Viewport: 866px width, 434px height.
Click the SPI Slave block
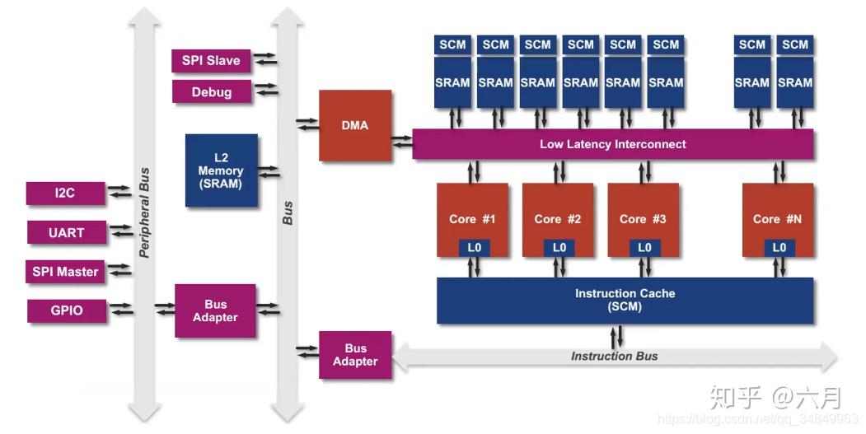tap(211, 61)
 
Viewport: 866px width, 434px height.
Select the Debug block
tap(212, 92)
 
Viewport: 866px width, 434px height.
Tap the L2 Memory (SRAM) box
tap(221, 170)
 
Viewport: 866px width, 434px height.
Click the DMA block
tap(355, 125)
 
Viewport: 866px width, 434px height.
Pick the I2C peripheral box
tap(65, 194)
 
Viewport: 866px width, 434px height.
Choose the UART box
tap(66, 233)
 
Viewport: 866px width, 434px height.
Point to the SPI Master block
tap(65, 272)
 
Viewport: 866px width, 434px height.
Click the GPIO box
tap(66, 310)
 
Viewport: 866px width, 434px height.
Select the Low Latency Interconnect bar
tap(612, 144)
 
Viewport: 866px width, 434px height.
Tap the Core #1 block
tap(472, 219)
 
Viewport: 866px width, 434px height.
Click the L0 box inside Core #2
tap(559, 247)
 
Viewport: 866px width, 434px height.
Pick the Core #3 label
tap(643, 219)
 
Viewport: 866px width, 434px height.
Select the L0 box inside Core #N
tap(779, 247)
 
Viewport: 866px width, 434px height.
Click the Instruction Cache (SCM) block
tap(624, 300)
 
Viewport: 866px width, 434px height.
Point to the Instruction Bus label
tap(614, 356)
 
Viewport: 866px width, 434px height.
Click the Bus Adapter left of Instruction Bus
tap(355, 355)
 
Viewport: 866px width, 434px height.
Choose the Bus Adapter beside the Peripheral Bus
tap(215, 310)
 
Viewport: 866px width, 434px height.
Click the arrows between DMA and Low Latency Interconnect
tap(402, 141)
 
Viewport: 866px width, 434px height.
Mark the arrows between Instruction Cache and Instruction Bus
tap(616, 335)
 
